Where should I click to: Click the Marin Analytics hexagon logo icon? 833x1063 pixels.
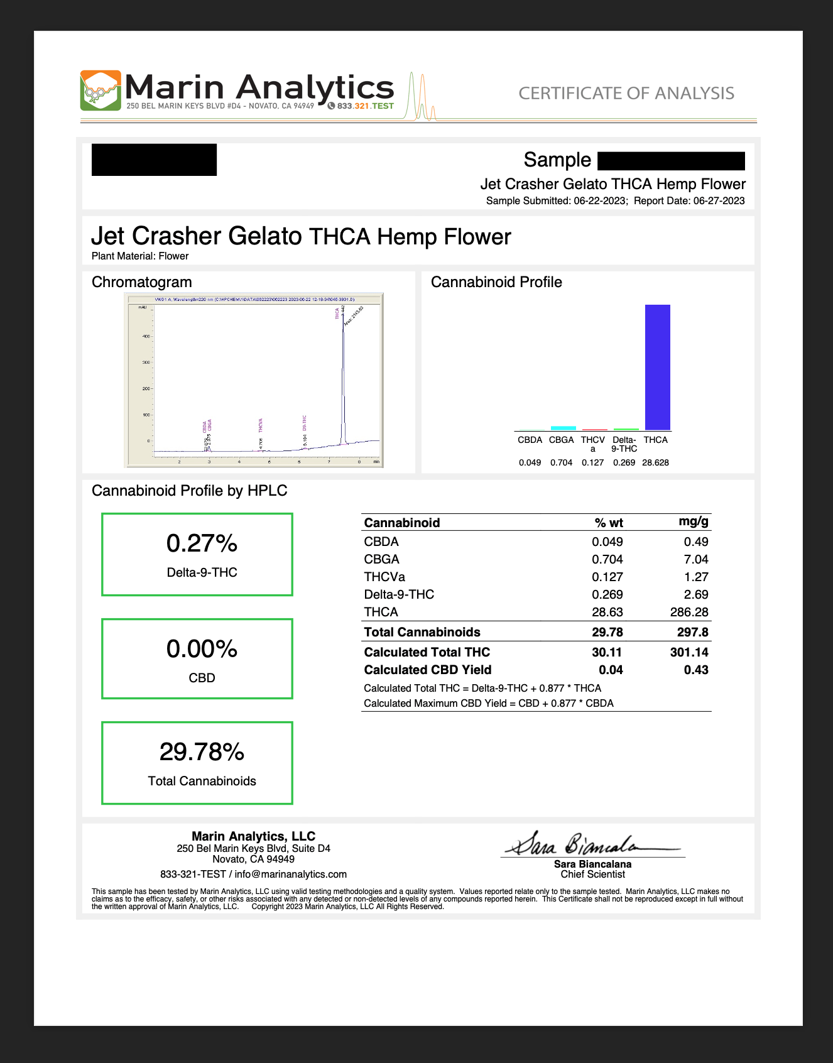[x=101, y=90]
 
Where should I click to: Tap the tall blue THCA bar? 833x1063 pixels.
[x=657, y=367]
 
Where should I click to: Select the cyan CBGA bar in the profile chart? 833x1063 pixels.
[x=563, y=428]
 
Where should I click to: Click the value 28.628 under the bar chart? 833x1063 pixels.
[x=655, y=462]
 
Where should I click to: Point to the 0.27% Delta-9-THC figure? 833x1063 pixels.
[x=202, y=543]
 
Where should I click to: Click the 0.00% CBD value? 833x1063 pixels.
[x=202, y=649]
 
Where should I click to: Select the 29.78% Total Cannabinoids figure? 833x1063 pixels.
[x=202, y=752]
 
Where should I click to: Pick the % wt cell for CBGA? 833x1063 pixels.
[x=607, y=559]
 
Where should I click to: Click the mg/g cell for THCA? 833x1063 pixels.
[x=689, y=612]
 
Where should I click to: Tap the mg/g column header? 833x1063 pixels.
[x=694, y=521]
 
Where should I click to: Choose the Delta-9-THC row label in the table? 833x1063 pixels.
[x=399, y=594]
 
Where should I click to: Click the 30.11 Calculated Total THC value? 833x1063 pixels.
[x=607, y=652]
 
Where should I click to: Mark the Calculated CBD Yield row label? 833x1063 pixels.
[x=428, y=670]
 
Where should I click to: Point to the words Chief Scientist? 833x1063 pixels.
[x=592, y=875]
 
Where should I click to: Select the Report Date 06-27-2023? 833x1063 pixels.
[x=719, y=201]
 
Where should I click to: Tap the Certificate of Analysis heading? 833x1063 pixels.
[x=626, y=94]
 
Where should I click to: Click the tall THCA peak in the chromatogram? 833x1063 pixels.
[x=343, y=377]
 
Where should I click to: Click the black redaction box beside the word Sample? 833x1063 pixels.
[x=671, y=161]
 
